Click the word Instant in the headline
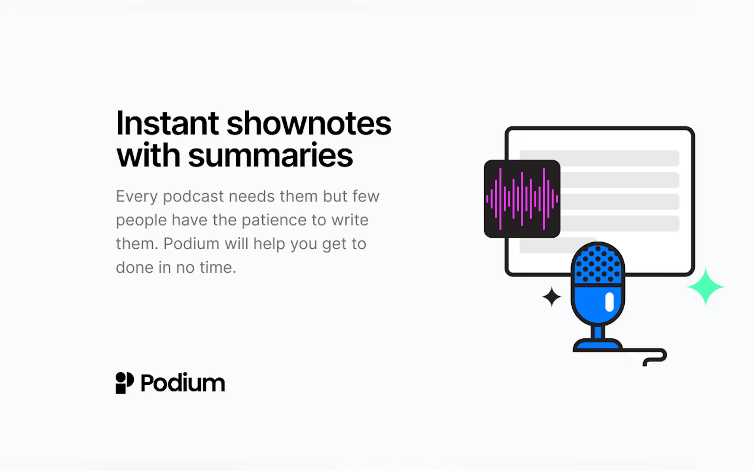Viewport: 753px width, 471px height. [167, 124]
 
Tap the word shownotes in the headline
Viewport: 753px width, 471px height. [309, 124]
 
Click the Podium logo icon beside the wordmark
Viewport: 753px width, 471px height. [125, 383]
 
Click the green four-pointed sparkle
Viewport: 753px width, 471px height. [706, 287]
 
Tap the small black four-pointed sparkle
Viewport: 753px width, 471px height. [552, 297]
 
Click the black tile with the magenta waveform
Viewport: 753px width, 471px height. [522, 199]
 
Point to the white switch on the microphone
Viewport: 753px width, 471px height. [609, 302]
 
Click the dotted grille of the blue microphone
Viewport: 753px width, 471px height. [598, 264]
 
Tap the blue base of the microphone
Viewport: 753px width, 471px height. [598, 345]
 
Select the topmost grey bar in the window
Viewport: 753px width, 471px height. [599, 158]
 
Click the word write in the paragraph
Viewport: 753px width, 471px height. [350, 220]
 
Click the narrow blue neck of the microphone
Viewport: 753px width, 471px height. [598, 332]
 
